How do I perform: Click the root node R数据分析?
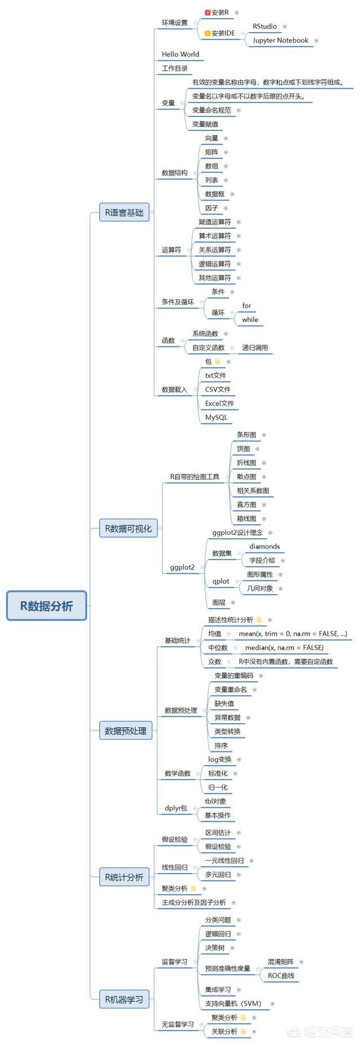(x=47, y=606)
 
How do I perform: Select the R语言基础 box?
(x=124, y=213)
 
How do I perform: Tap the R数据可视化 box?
(x=128, y=528)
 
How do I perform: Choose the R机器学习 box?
(x=124, y=1000)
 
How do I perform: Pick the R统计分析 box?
(x=124, y=877)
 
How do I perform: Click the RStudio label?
(x=264, y=26)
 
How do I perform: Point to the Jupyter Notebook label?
(x=280, y=40)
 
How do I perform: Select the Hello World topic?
(x=181, y=55)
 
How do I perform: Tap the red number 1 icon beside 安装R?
(x=208, y=12)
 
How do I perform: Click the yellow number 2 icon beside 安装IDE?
(x=208, y=34)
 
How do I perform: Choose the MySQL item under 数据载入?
(x=216, y=417)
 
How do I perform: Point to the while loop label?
(x=250, y=319)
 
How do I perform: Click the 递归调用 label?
(x=255, y=348)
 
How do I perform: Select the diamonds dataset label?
(x=264, y=546)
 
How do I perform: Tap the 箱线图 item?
(x=246, y=519)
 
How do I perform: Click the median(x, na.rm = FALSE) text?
(x=285, y=647)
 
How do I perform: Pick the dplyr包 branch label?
(x=176, y=808)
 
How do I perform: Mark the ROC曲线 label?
(x=281, y=975)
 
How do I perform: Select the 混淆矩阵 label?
(x=281, y=962)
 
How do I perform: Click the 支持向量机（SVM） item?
(x=233, y=1003)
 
